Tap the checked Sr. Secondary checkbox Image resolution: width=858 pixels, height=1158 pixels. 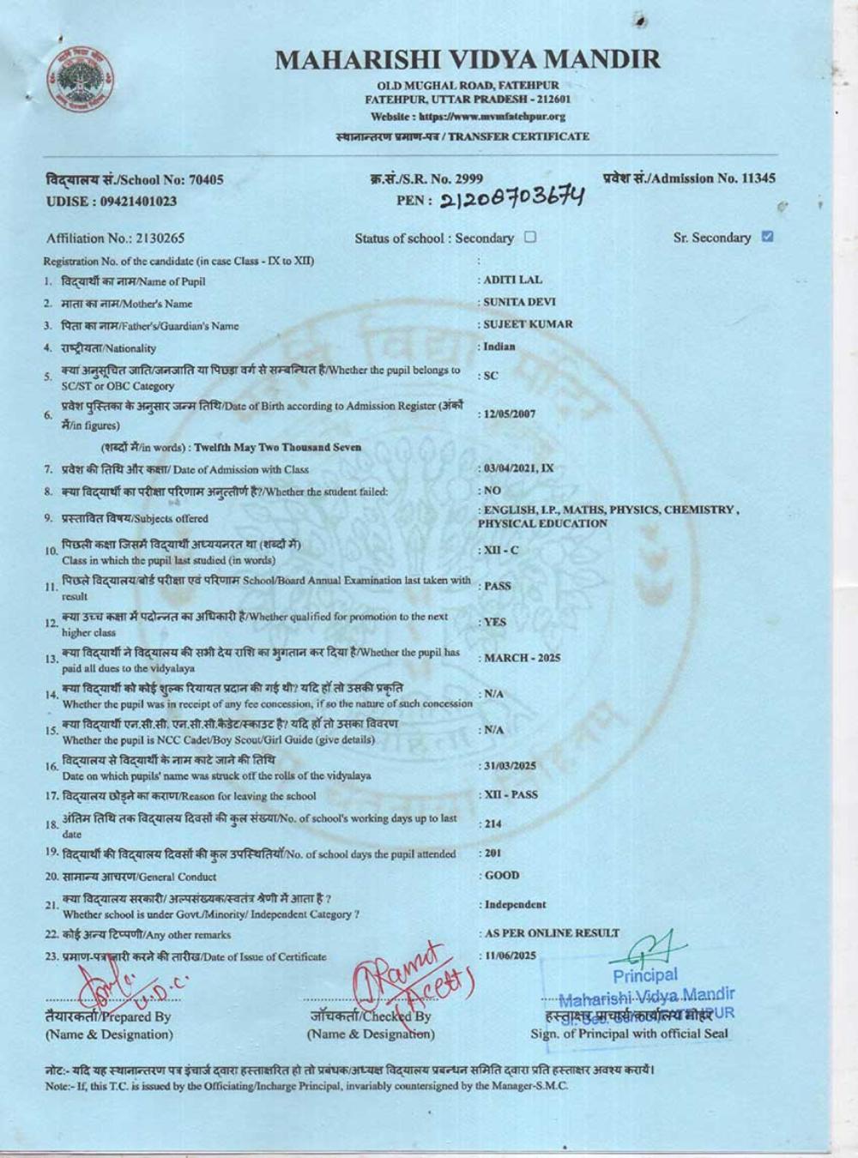[x=767, y=237]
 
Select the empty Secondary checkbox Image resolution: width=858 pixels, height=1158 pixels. [x=530, y=238]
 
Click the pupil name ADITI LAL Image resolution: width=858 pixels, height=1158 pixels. [x=513, y=280]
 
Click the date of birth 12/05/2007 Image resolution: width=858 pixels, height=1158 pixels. [x=510, y=413]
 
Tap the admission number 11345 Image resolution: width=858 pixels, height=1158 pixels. [x=758, y=178]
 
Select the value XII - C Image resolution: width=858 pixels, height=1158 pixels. [x=501, y=549]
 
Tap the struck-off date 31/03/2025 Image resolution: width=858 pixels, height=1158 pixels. [x=510, y=766]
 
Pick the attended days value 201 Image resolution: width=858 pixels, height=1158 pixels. [x=492, y=853]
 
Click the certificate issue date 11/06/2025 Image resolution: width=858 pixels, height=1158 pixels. [x=510, y=955]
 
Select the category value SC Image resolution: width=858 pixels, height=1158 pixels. [x=491, y=376]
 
